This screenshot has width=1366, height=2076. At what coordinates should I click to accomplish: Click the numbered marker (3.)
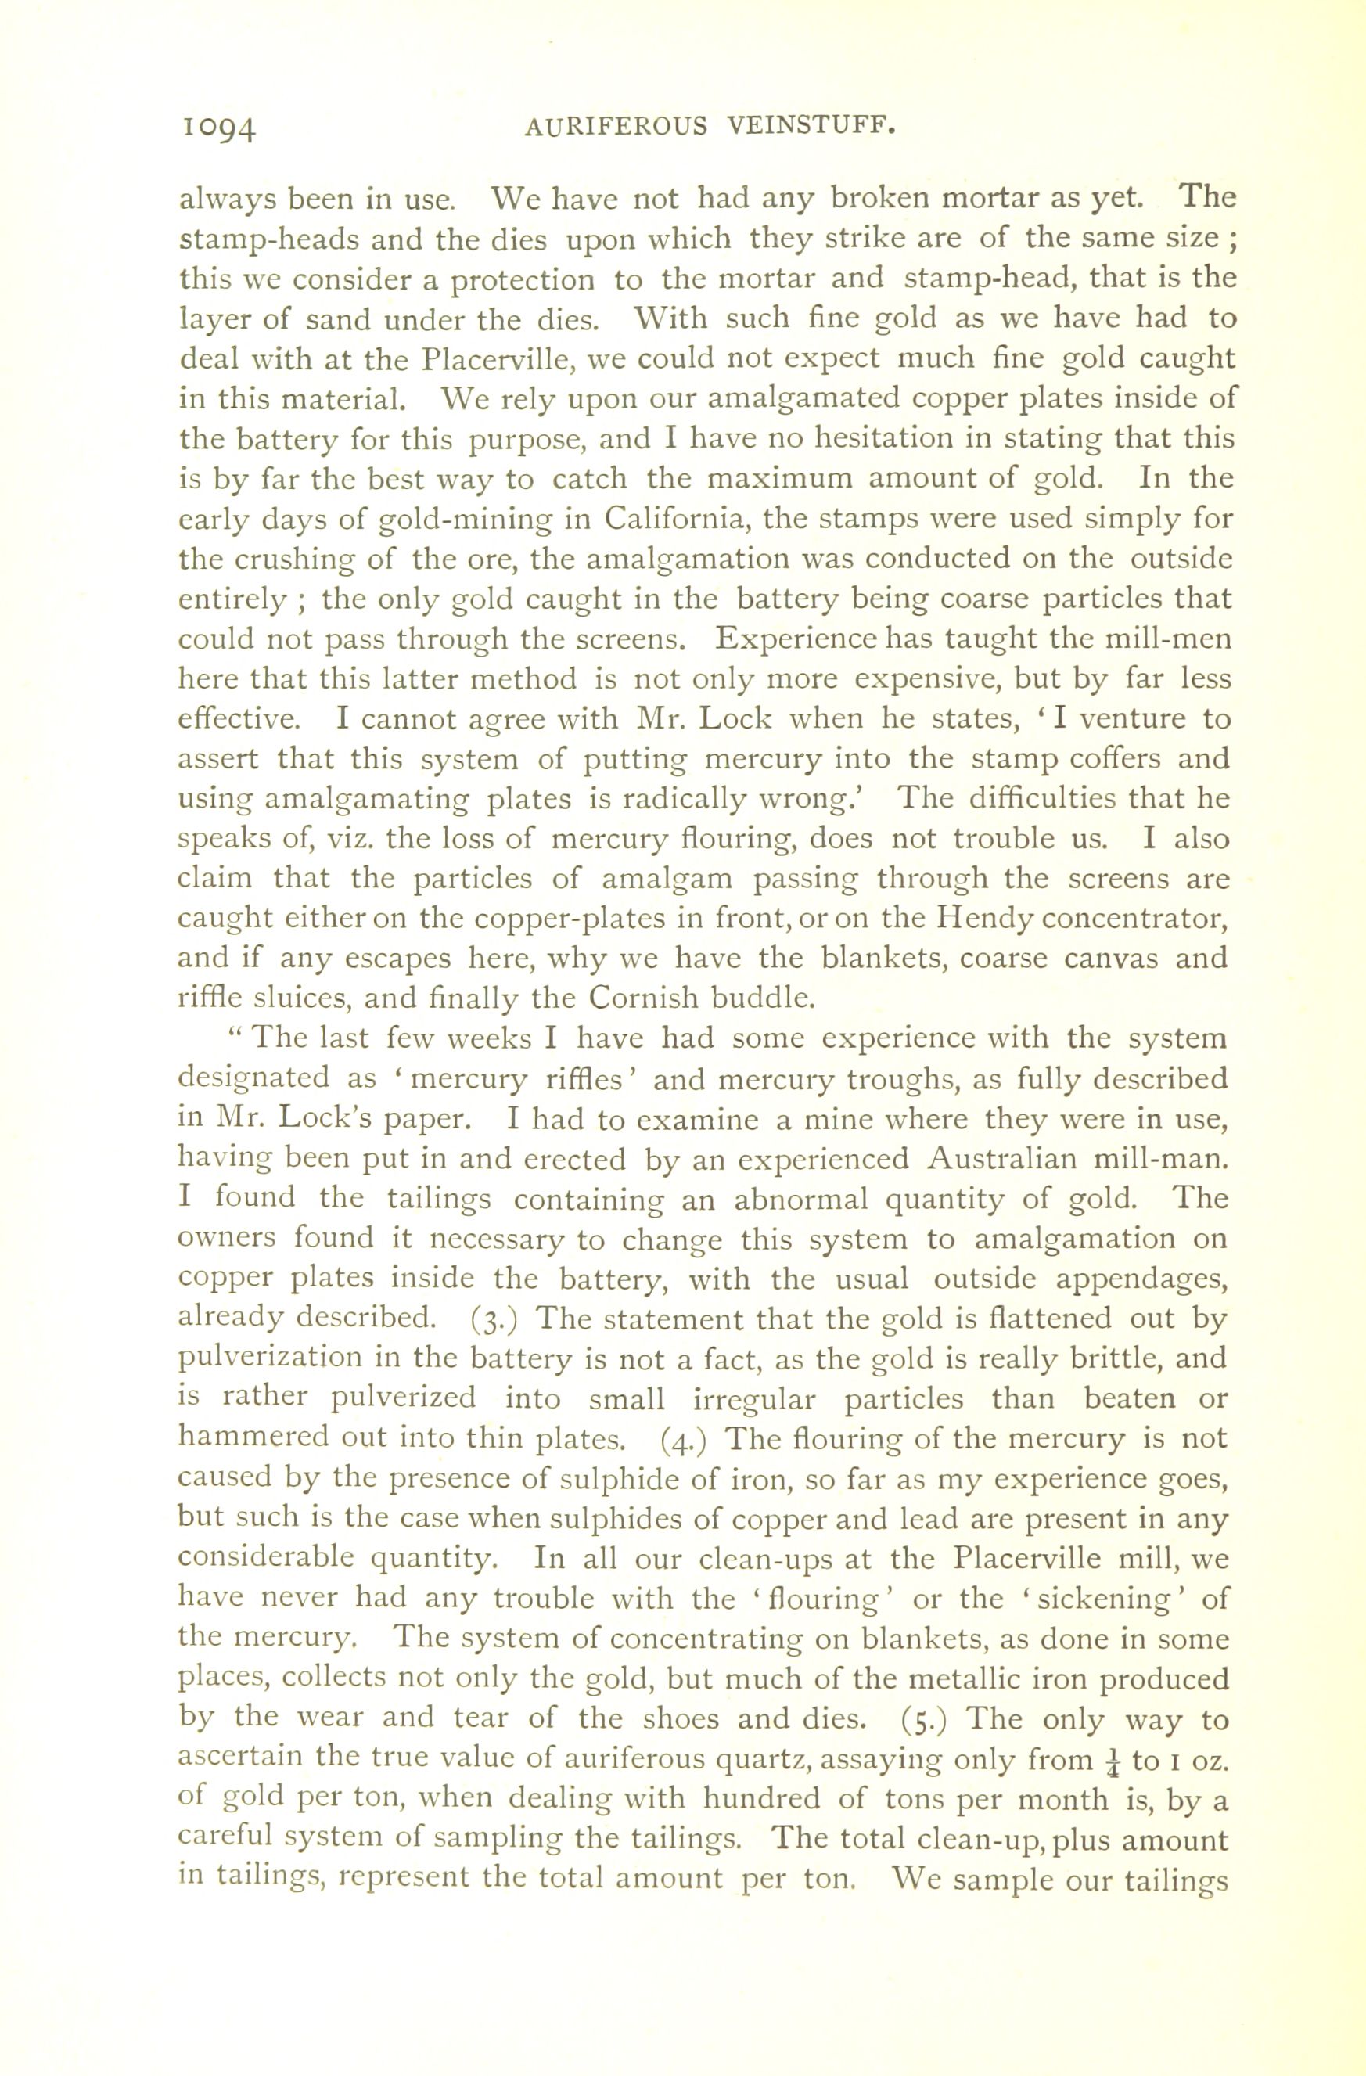(x=494, y=1319)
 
